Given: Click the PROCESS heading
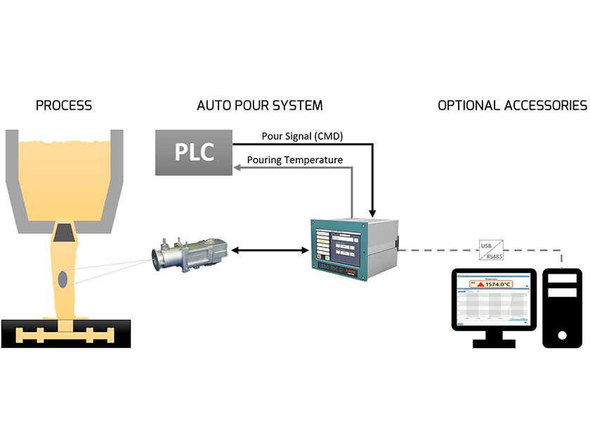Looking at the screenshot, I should (x=63, y=105).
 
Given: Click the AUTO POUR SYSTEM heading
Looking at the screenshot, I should (x=260, y=105).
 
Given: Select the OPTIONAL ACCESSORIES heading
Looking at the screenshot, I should (x=512, y=105).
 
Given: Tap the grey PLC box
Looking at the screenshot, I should (x=194, y=151).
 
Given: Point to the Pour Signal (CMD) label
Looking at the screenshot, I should (x=302, y=136).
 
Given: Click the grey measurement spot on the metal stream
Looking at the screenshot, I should (x=63, y=278).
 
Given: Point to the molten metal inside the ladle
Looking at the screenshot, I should (x=65, y=176).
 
